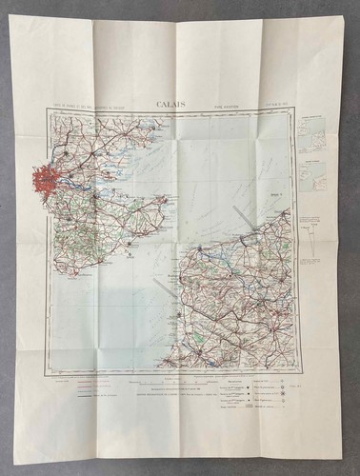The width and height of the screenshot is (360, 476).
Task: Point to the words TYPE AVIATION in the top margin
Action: [221, 107]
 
